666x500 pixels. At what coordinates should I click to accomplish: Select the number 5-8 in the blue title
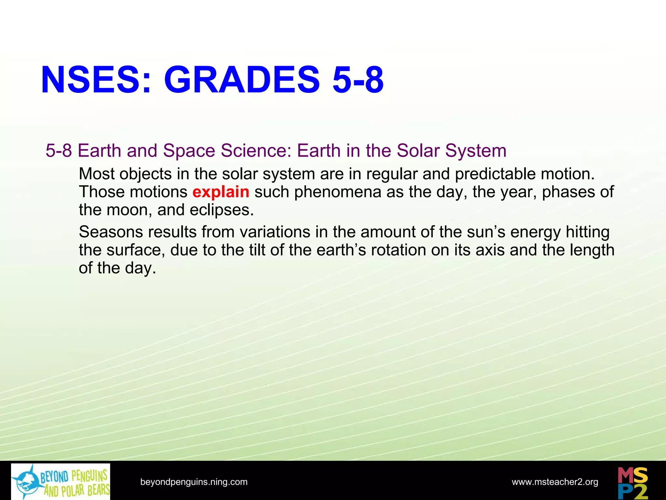tap(358, 80)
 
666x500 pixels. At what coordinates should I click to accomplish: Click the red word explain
tap(221, 192)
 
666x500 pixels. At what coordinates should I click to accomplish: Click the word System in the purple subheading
tap(476, 151)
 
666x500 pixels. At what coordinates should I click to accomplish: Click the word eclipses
tap(221, 210)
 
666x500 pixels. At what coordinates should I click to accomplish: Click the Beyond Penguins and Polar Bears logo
tap(61, 481)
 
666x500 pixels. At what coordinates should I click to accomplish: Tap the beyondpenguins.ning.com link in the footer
tap(194, 482)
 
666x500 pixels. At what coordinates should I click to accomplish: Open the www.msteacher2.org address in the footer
tap(555, 482)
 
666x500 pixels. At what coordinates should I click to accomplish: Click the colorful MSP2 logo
tap(633, 481)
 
